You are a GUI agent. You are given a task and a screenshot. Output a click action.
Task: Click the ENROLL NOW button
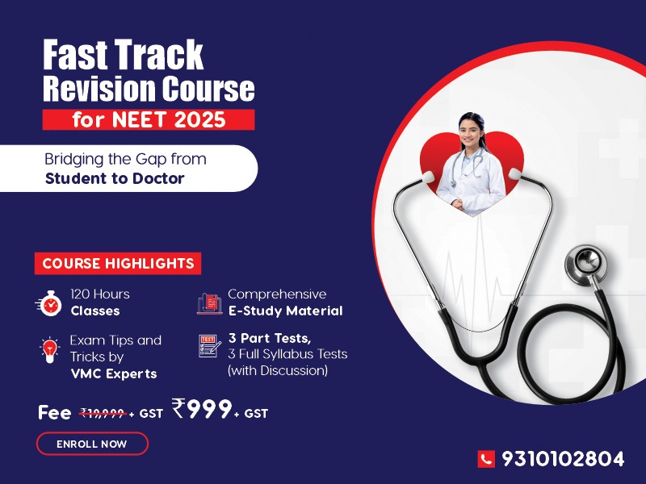coord(92,444)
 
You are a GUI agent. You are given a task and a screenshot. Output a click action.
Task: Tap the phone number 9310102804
coord(563,459)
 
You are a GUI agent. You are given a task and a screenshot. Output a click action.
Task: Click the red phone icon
coord(486,459)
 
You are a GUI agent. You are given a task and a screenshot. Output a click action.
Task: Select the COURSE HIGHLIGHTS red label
coord(118,264)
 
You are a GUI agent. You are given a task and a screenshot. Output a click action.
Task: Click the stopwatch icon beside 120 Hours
coord(49,304)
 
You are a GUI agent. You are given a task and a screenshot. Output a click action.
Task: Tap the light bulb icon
coord(49,350)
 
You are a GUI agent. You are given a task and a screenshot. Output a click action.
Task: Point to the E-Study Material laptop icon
coord(210,304)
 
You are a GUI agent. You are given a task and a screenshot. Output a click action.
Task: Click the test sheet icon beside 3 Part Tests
coord(210,346)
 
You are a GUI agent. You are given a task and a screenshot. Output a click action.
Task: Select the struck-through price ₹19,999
coord(103,413)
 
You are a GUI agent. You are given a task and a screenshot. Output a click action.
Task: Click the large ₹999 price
coord(202,408)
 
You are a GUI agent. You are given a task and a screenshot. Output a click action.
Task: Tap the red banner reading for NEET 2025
coord(149,119)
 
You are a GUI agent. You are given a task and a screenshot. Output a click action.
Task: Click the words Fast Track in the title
coord(124,55)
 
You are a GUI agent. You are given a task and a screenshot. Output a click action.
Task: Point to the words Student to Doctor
coord(115,178)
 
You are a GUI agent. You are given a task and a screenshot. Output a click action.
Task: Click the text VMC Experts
coord(114,373)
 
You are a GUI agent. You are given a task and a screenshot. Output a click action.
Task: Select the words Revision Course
coord(149,88)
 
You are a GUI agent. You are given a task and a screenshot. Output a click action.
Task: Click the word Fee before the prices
coord(54,412)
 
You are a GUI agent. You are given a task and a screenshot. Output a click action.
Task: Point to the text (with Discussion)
coord(278,370)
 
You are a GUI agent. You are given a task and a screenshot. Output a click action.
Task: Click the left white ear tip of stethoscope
coord(427,176)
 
